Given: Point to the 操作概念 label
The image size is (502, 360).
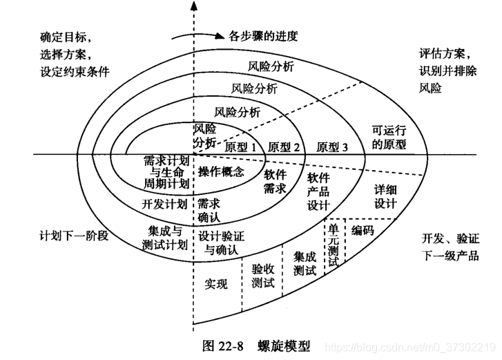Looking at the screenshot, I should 220,172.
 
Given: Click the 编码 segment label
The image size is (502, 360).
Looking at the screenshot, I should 363,229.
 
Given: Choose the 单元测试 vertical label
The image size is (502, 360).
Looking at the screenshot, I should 334,244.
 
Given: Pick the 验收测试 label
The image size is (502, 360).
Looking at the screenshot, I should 263,276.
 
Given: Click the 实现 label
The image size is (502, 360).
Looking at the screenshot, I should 216,283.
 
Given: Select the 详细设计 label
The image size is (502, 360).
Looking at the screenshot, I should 385,196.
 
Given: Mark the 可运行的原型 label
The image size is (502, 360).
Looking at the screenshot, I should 389,138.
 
